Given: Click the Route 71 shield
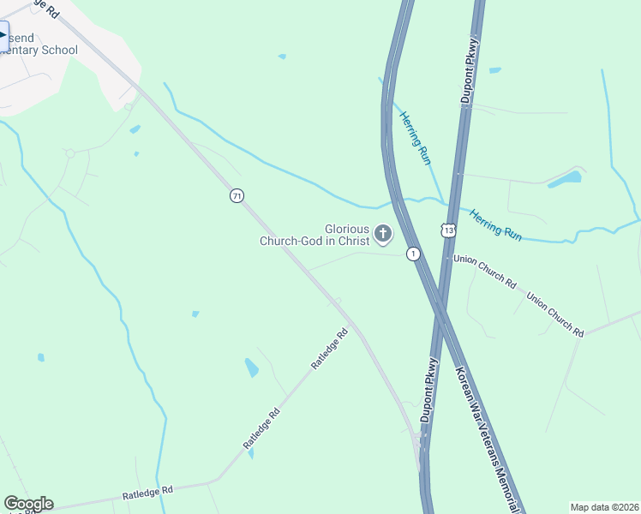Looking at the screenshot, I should tap(237, 196).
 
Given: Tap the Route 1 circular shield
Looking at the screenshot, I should tap(414, 254).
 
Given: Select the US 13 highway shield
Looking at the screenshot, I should tap(449, 230).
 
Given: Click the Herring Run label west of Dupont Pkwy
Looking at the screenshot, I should tap(415, 137).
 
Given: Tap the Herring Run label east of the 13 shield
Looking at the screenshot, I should tap(495, 222).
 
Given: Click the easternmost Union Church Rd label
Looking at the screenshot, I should tap(554, 314).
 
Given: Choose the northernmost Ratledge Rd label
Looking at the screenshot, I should tap(330, 350).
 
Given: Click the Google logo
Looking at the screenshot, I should tap(28, 504).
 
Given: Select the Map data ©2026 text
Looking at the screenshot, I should tap(604, 507).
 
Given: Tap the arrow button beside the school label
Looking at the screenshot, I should tap(3, 36).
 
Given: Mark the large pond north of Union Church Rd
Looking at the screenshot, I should tap(565, 180).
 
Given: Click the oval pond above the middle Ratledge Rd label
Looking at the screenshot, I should tap(252, 368).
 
